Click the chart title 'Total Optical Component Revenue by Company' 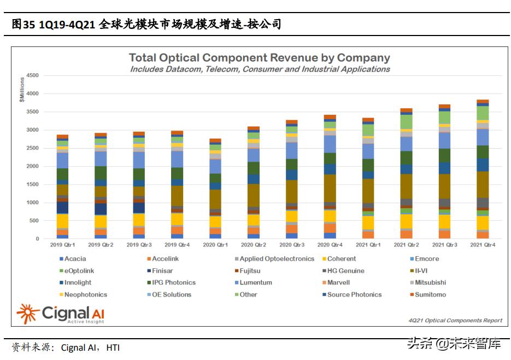coord(260,58)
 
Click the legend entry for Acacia coord(74,259)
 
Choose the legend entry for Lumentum coord(252,283)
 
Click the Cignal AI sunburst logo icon coord(27,314)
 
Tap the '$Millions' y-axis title coord(22,90)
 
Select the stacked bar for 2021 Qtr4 coord(483,169)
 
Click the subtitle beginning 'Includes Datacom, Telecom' coord(260,69)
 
